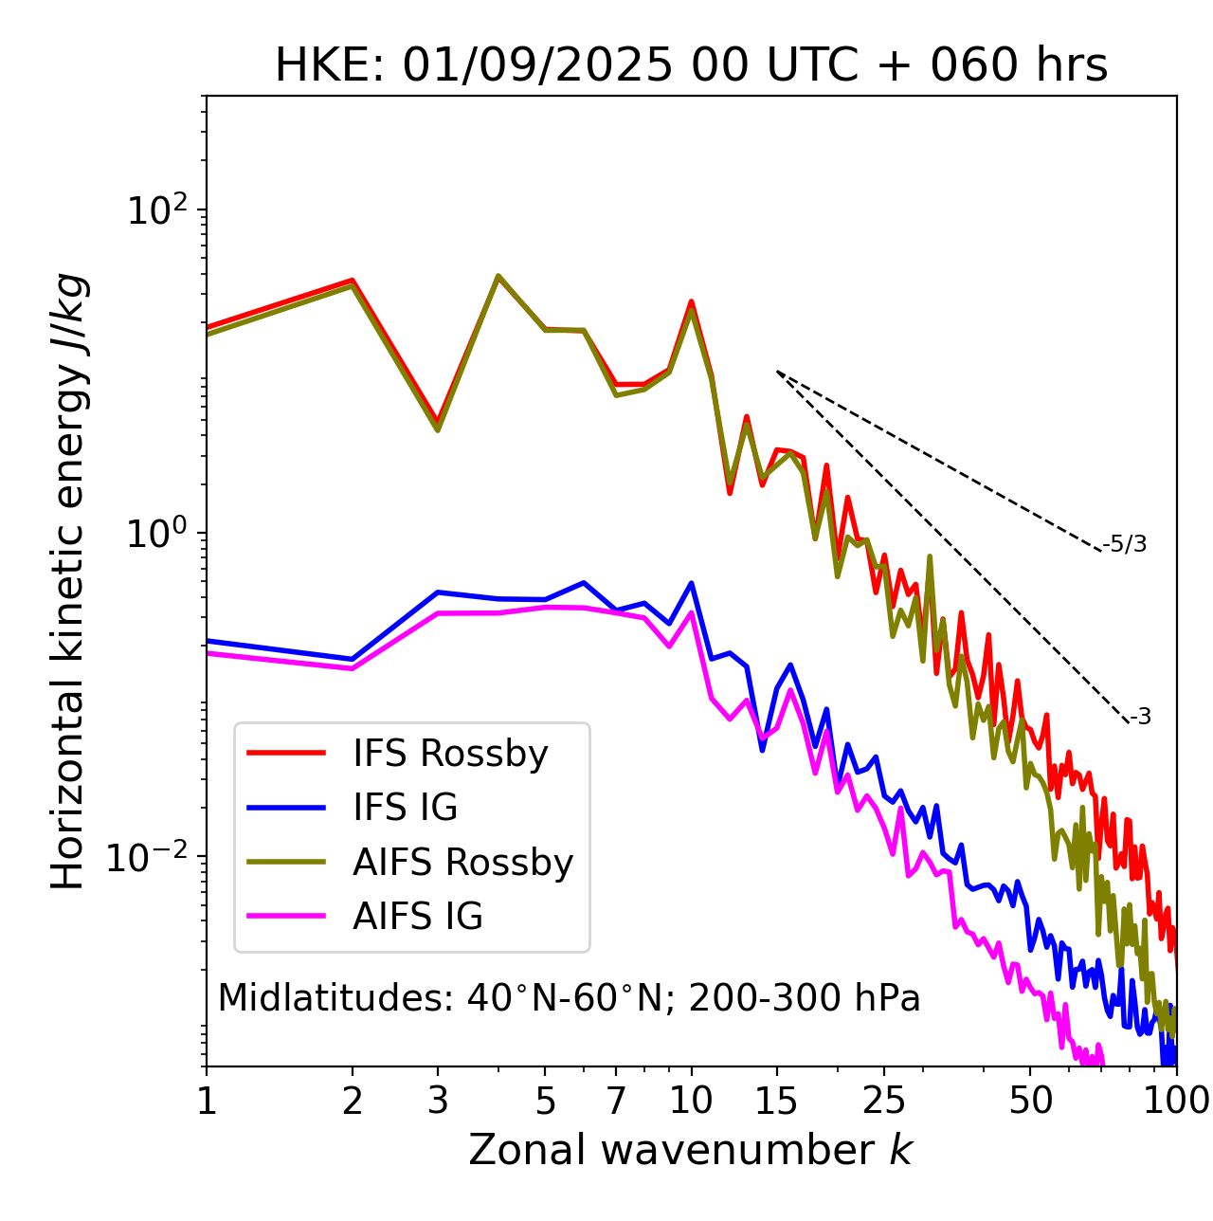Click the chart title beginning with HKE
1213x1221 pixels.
(691, 65)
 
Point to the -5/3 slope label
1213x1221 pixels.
(1125, 544)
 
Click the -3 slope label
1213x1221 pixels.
(1140, 718)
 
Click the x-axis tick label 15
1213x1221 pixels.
(776, 1100)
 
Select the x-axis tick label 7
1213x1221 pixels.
(616, 1100)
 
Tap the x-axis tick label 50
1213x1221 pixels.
(1030, 1100)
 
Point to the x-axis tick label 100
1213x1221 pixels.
(1175, 1100)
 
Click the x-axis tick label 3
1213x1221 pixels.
(438, 1100)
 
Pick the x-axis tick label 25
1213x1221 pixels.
(884, 1100)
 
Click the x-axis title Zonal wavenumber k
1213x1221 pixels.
(691, 1150)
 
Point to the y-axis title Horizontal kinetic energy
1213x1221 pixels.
(68, 581)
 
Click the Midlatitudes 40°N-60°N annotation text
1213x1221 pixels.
(569, 998)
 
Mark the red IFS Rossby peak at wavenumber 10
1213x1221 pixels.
(692, 301)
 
